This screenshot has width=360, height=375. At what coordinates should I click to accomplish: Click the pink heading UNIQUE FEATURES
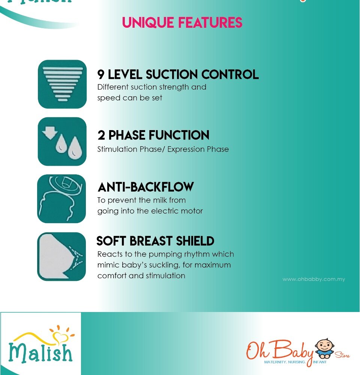182,22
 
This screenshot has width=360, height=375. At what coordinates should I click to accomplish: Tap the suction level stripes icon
62,84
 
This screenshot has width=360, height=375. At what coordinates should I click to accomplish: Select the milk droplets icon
62,141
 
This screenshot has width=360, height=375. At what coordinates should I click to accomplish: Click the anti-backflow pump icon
61,199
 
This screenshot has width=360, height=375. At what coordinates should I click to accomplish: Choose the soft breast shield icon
61,256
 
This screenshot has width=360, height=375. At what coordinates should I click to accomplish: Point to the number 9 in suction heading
101,74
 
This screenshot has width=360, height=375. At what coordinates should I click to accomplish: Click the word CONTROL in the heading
230,74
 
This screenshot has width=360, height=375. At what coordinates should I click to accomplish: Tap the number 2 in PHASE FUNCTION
101,135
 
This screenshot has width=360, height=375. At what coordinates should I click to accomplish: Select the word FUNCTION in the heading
179,135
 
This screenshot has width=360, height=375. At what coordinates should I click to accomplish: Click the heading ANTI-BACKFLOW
145,187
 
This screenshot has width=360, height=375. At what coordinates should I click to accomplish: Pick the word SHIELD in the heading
195,241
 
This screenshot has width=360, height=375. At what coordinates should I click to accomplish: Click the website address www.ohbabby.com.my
313,279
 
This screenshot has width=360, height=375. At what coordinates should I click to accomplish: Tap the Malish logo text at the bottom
40,353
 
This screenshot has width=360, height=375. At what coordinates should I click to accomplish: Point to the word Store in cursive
342,355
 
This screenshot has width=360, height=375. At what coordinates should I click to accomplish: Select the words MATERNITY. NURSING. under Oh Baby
285,362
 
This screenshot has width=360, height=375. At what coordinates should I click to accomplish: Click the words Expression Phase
198,149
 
